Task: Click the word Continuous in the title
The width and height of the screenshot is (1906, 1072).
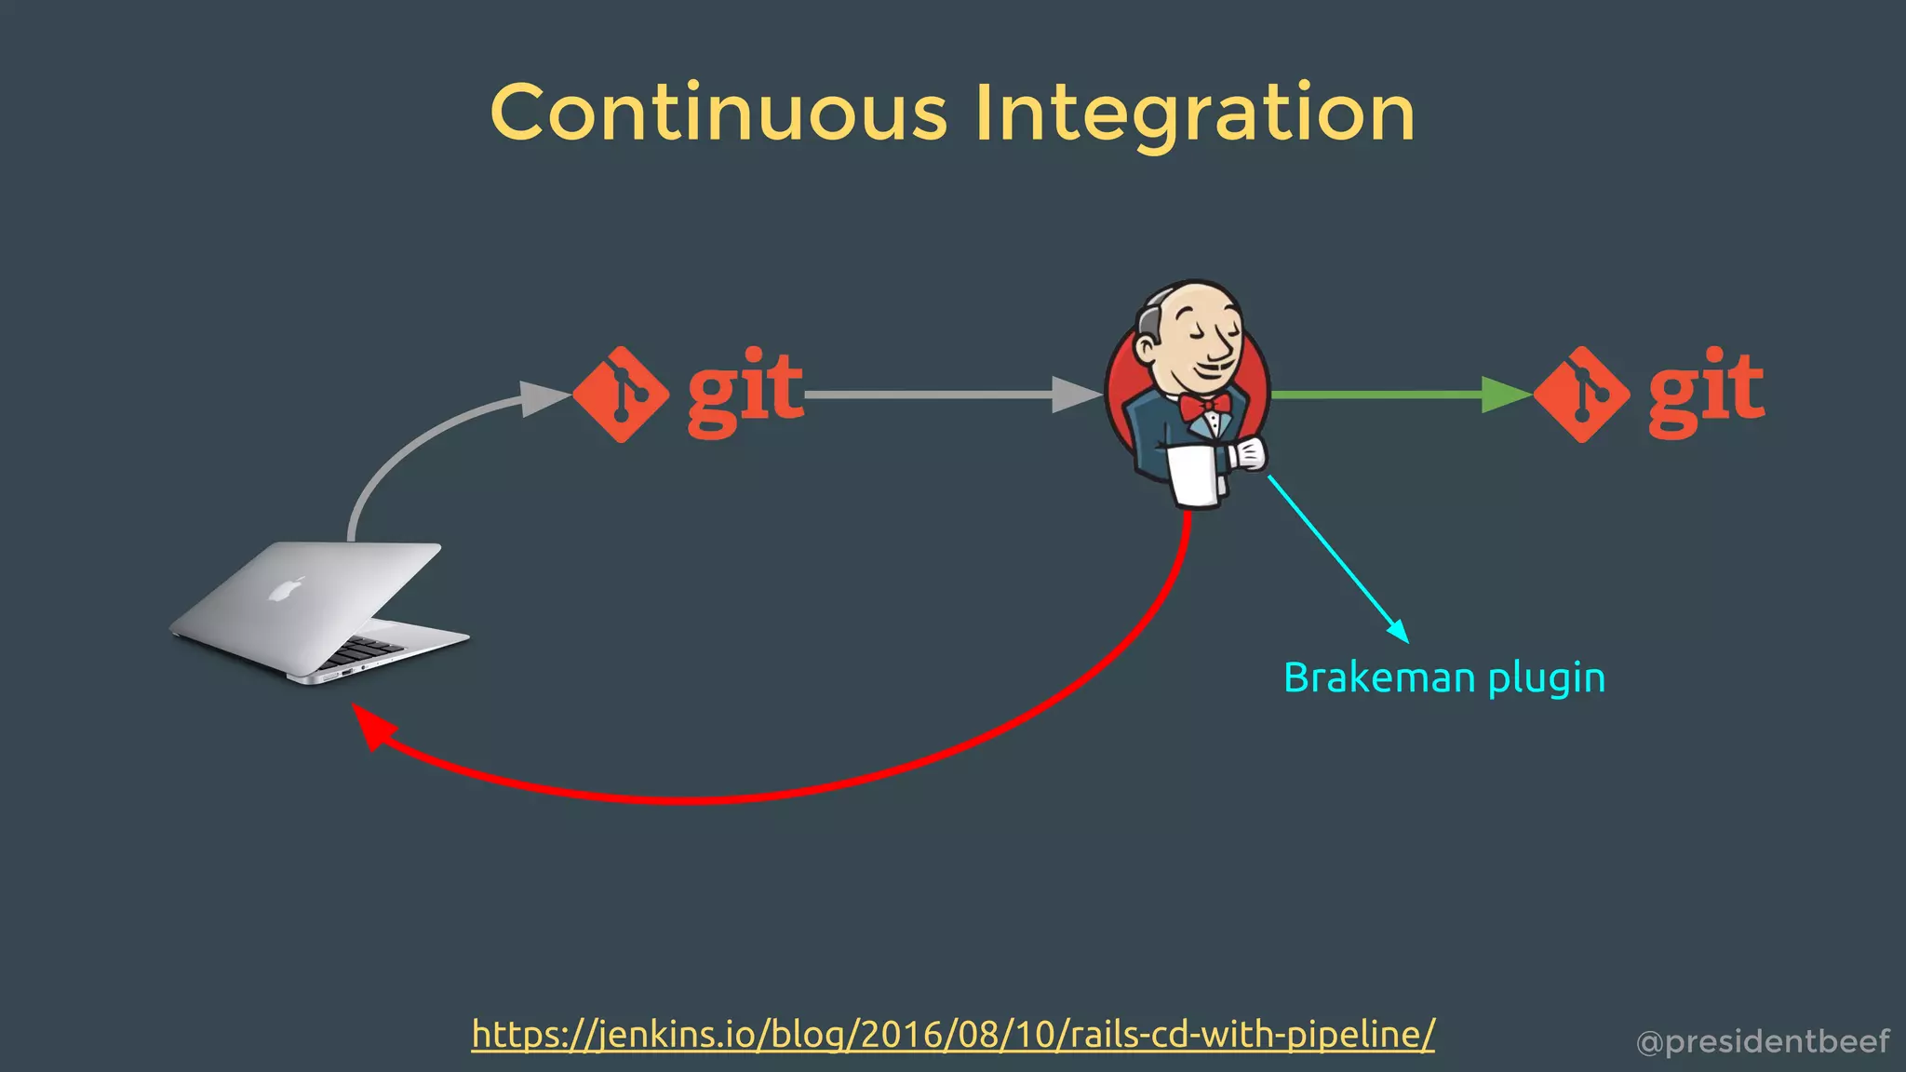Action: point(718,113)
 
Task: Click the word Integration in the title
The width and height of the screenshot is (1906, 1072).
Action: point(1195,113)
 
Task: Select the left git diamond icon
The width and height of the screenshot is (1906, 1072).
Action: point(621,395)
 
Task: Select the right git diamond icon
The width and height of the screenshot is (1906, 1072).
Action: point(1581,395)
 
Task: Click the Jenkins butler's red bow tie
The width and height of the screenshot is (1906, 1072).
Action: point(1205,406)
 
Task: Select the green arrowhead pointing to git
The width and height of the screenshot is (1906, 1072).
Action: point(1505,395)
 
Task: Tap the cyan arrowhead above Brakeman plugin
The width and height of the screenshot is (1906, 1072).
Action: point(1397,631)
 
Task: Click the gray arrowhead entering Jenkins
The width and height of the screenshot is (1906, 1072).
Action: point(1076,395)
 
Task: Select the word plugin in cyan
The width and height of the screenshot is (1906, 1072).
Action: point(1547,679)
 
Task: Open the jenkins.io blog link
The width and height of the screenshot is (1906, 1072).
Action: point(953,1034)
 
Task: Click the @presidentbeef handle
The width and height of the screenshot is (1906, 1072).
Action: point(1763,1041)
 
